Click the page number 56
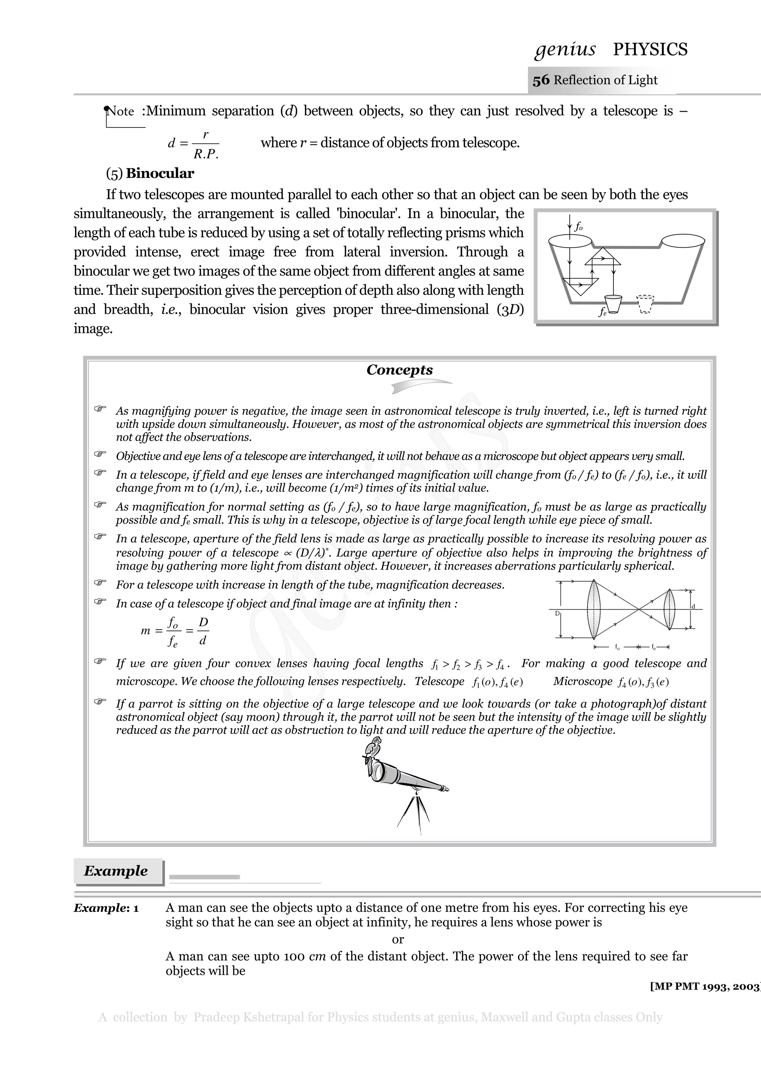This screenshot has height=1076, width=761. point(541,80)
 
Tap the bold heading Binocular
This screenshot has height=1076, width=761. point(159,173)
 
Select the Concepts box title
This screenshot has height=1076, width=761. point(399,370)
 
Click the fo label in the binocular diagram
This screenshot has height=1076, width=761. point(579,227)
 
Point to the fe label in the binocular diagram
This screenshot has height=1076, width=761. point(602,312)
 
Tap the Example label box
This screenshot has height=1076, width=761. point(116,871)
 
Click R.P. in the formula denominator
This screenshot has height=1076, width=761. point(206,155)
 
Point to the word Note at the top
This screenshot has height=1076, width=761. point(121,111)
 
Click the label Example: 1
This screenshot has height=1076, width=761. point(106,908)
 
